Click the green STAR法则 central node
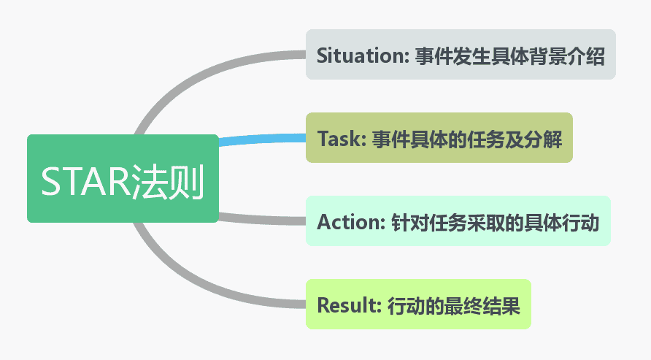pyautogui.click(x=123, y=179)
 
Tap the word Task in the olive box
pyautogui.click(x=339, y=139)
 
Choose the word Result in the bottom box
pyautogui.click(x=347, y=305)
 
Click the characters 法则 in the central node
pyautogui.click(x=167, y=182)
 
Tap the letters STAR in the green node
pyautogui.click(x=85, y=182)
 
